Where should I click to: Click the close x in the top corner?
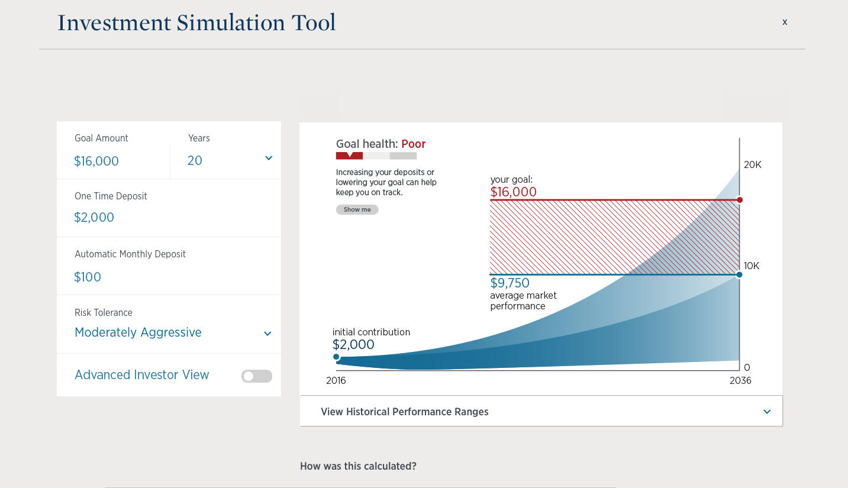(785, 22)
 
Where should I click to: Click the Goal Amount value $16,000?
(96, 161)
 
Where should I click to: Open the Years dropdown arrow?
(269, 158)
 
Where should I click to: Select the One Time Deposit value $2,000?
(94, 217)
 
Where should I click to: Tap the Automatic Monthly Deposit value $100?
(88, 277)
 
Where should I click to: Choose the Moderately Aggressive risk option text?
(138, 332)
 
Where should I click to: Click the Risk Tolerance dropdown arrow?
(267, 334)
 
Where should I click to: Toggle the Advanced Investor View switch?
(256, 376)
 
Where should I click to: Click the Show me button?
(357, 209)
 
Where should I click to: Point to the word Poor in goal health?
(413, 144)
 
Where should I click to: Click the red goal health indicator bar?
(349, 156)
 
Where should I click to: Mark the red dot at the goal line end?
(739, 200)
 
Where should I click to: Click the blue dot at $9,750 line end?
(739, 274)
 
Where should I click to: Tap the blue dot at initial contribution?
(336, 357)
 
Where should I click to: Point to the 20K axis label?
(752, 165)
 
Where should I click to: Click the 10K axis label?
(751, 266)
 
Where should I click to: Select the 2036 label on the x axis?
(740, 380)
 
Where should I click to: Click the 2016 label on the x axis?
(336, 380)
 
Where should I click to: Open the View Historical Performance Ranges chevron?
(767, 412)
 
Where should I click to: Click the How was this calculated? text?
(358, 466)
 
